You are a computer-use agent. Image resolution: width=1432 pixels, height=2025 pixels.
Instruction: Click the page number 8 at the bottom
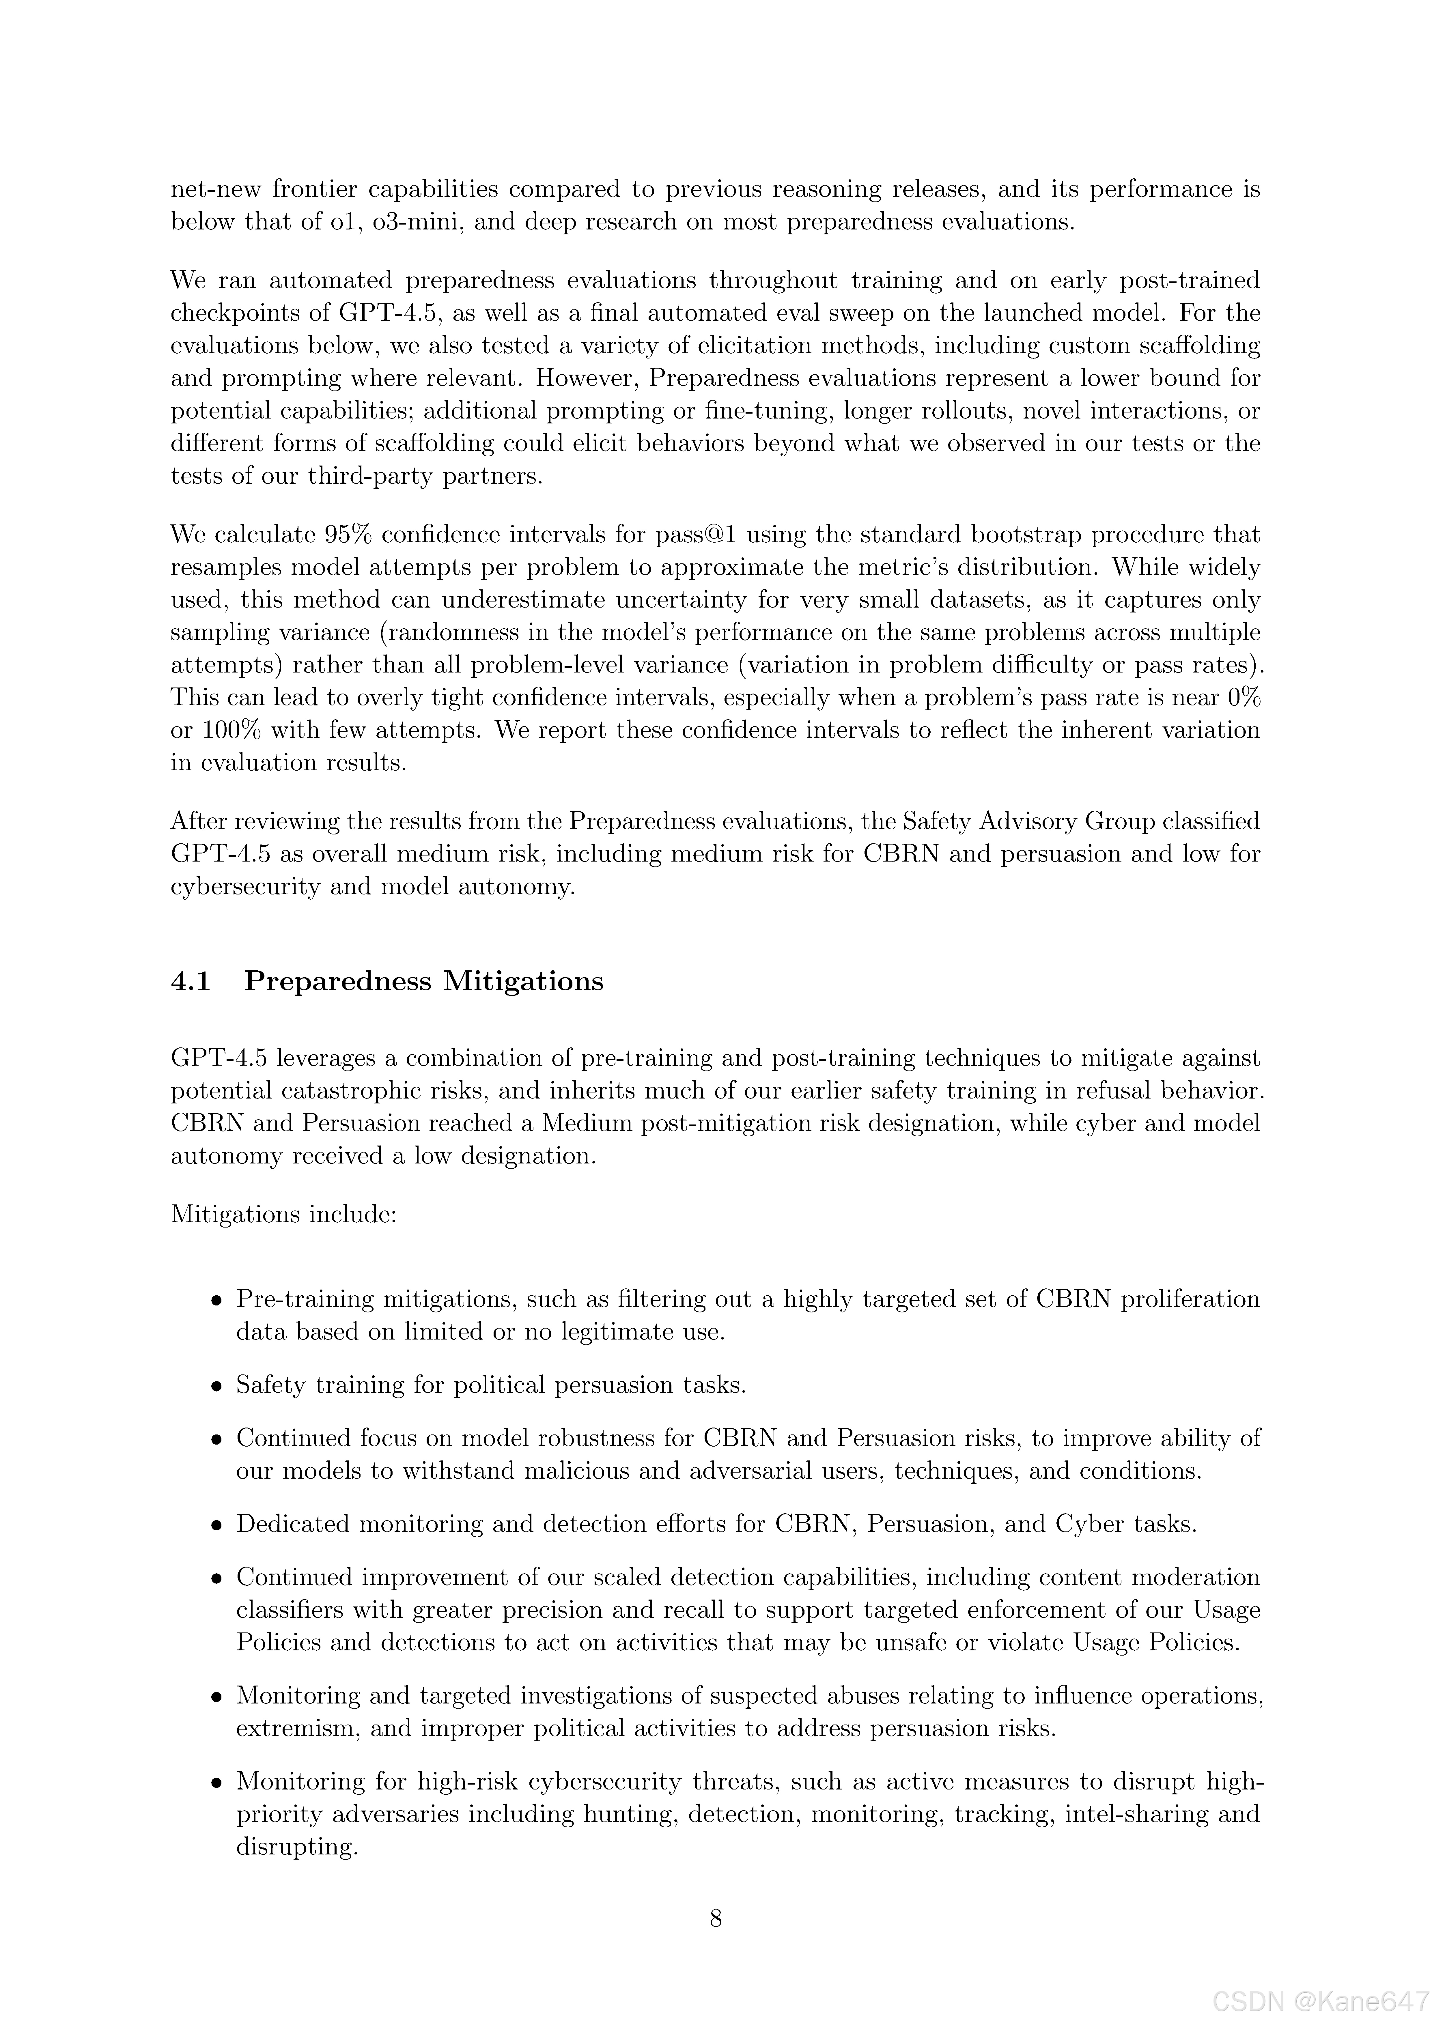[716, 1918]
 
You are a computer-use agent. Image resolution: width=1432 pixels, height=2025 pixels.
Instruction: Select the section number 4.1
[191, 982]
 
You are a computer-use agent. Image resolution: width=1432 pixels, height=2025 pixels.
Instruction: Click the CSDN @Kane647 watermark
[1321, 2004]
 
